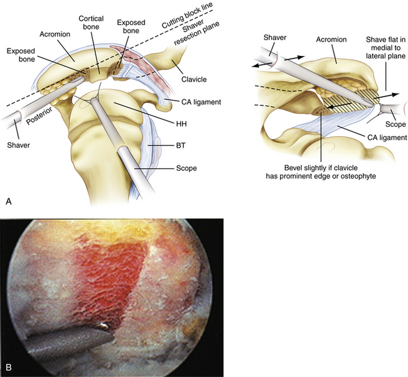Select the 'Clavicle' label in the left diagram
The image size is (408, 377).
coord(190,80)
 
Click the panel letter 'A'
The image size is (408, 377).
coord(8,201)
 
